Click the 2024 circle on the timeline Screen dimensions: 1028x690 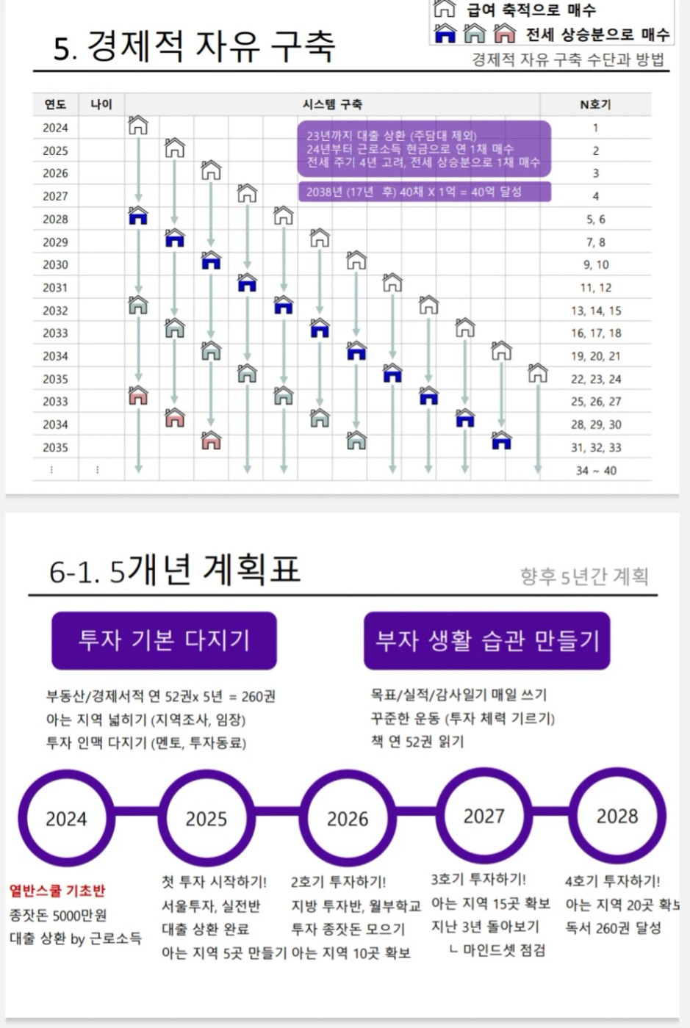[66, 818]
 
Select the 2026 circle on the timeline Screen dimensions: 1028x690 [348, 818]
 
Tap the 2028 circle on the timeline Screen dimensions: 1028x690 [617, 816]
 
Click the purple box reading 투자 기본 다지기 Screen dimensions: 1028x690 [164, 640]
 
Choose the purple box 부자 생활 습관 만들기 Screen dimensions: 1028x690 [486, 640]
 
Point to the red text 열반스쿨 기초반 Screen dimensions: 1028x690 [57, 891]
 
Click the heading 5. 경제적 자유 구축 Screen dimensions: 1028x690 [194, 46]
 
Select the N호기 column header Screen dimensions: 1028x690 [595, 104]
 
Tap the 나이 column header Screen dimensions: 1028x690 [101, 104]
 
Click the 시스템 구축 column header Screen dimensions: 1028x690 [332, 104]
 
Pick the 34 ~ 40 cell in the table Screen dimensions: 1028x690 [596, 470]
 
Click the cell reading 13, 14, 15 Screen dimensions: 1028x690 [596, 311]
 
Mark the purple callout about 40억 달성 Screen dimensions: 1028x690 [424, 192]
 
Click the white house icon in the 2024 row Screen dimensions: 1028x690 [138, 126]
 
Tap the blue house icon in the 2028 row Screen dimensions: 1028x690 [138, 216]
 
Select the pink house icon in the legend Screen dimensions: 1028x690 [505, 33]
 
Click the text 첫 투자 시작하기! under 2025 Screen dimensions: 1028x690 [214, 881]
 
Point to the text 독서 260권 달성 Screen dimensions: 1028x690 [613, 928]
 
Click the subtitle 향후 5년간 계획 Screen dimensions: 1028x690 [584, 576]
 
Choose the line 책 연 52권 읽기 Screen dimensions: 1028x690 [417, 742]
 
